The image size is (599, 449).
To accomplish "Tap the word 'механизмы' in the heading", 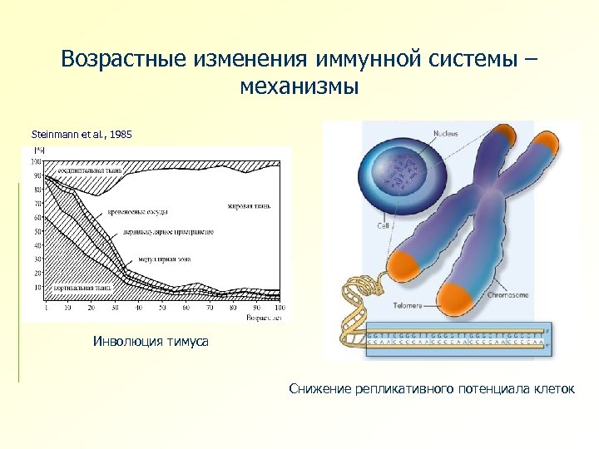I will click(299, 86).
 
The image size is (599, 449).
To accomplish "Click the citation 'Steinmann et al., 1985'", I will click(82, 134).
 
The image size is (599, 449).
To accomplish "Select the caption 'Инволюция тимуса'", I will click(150, 342).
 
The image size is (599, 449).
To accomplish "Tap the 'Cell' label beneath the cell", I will click(384, 225).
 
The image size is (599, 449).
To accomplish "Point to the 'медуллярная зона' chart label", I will click(164, 259).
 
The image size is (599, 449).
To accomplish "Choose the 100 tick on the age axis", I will click(278, 308).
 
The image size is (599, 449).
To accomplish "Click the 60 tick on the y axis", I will click(36, 217).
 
